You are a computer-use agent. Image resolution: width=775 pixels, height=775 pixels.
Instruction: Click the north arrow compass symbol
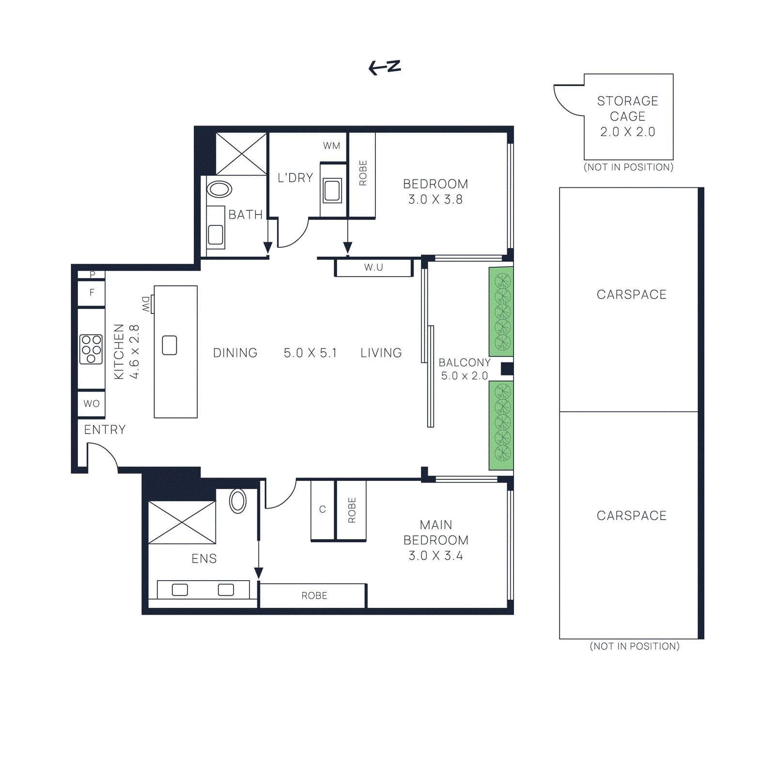pyautogui.click(x=385, y=67)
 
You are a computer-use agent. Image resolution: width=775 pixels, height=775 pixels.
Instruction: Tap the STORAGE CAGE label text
pyautogui.click(x=627, y=108)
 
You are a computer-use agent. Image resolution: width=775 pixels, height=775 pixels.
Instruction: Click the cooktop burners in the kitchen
pyautogui.click(x=91, y=349)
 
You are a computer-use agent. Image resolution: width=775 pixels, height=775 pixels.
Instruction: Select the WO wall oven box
pyautogui.click(x=92, y=403)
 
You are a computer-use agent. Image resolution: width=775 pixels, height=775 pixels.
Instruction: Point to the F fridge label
pyautogui.click(x=92, y=293)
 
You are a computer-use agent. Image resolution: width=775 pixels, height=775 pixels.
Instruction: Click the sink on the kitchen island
pyautogui.click(x=170, y=345)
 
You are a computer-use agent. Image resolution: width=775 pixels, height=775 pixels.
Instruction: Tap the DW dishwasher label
pyautogui.click(x=146, y=304)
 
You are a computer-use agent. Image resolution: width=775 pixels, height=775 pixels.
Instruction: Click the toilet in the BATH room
pyautogui.click(x=219, y=189)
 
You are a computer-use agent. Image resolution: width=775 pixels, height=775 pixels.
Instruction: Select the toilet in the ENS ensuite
pyautogui.click(x=238, y=501)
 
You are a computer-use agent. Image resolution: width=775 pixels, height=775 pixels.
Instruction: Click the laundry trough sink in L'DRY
pyautogui.click(x=332, y=190)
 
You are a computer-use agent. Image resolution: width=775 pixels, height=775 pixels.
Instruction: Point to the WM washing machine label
pyautogui.click(x=332, y=145)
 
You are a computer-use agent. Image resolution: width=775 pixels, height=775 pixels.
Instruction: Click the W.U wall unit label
pyautogui.click(x=373, y=267)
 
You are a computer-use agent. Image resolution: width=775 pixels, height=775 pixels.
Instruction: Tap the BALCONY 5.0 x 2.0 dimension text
pyautogui.click(x=464, y=376)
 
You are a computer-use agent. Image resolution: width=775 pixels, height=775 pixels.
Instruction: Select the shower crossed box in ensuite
pyautogui.click(x=182, y=522)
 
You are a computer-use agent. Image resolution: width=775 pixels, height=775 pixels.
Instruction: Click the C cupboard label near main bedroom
pyautogui.click(x=323, y=509)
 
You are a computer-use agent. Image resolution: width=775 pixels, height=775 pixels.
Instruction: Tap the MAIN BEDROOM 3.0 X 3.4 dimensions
pyautogui.click(x=435, y=556)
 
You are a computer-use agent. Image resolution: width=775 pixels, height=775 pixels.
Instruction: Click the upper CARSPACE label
pyautogui.click(x=631, y=294)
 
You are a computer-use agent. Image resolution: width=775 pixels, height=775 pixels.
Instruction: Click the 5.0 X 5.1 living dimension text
pyautogui.click(x=310, y=353)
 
